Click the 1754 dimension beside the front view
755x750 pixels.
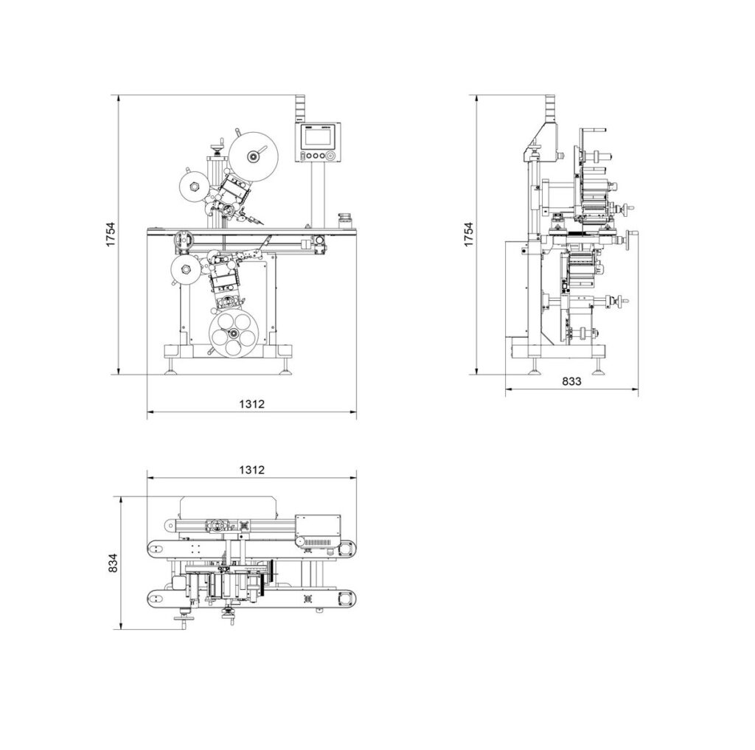coord(110,235)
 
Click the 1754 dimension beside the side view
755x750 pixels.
coord(468,235)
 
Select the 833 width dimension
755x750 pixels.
coord(571,381)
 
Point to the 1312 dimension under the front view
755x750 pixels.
coord(251,403)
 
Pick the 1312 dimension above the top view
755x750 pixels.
coord(251,469)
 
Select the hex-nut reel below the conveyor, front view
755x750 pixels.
coord(184,269)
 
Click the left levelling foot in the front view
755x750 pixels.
coord(171,369)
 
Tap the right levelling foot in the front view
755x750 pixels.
coord(285,369)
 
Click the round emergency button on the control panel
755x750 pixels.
coord(331,156)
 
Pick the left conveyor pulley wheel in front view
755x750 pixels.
coord(182,240)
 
